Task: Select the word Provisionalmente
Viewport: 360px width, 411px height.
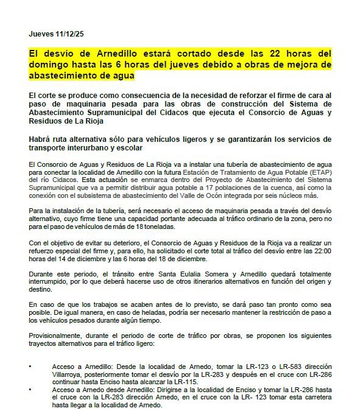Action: click(x=55, y=335)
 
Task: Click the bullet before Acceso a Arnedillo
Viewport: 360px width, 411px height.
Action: click(x=31, y=366)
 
